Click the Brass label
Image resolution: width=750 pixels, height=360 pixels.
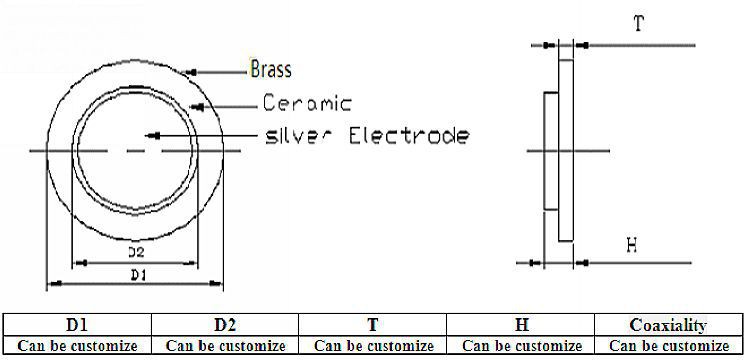tap(271, 70)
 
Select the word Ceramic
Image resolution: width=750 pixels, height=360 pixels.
tap(308, 103)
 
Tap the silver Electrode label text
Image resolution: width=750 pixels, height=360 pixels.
tap(364, 135)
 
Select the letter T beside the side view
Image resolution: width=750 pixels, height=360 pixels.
tap(638, 25)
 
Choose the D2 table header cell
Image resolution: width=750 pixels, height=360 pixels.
tap(225, 325)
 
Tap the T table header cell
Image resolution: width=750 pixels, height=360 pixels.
tap(372, 325)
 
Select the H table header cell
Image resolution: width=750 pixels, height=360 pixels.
tap(520, 325)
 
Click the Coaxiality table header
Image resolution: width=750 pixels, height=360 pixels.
tap(669, 325)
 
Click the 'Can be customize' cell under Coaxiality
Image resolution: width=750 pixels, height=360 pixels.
tap(669, 345)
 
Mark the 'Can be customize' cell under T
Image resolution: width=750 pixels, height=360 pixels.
tap(372, 345)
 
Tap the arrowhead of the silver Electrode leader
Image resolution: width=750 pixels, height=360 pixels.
tap(149, 135)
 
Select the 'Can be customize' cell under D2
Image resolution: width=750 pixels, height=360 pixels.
tap(225, 345)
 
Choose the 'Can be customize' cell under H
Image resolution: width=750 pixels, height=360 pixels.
tap(520, 345)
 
